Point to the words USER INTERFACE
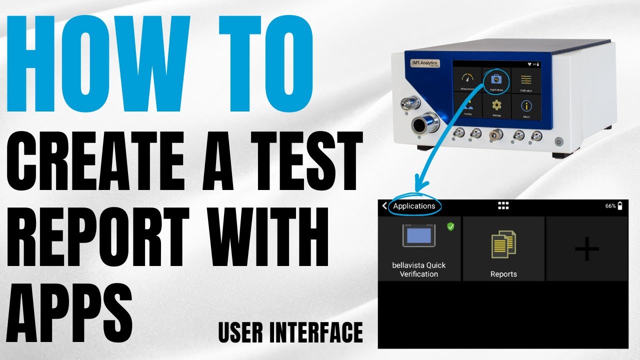290,332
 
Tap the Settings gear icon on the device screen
496,105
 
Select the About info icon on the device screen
526,105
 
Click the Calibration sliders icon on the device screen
526,80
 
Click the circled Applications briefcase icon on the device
496,80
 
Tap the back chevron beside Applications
384,206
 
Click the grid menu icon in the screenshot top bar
503,206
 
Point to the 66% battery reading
610,206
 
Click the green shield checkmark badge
450,226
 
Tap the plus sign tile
587,248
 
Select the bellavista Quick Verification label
419,269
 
